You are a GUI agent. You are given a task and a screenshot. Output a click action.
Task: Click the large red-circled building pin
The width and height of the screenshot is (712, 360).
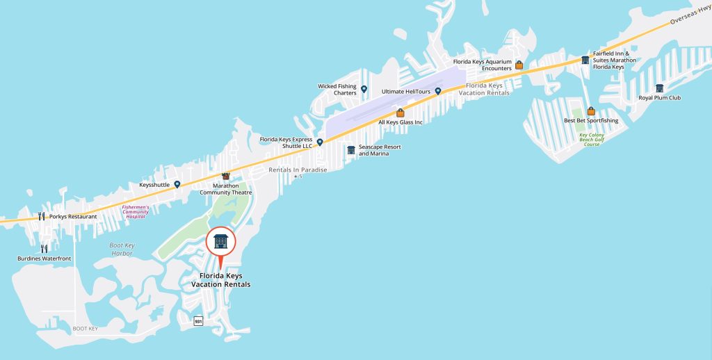pyautogui.click(x=221, y=242)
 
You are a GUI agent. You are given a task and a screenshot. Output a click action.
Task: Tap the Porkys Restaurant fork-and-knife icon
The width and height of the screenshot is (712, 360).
pyautogui.click(x=42, y=216)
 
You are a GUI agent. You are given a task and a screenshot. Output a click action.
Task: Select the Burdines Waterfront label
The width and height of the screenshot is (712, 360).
pyautogui.click(x=44, y=259)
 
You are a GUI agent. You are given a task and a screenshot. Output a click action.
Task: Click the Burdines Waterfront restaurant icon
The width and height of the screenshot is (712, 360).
pyautogui.click(x=44, y=248)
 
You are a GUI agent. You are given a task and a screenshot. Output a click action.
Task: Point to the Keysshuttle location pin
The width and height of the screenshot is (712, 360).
pyautogui.click(x=177, y=184)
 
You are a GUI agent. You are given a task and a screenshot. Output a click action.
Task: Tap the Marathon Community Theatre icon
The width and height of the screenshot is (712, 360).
pyautogui.click(x=225, y=177)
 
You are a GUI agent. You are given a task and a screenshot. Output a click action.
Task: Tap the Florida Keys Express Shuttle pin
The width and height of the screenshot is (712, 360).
pyautogui.click(x=320, y=142)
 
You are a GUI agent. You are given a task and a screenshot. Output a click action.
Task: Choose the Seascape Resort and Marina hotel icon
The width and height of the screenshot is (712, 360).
pyautogui.click(x=351, y=149)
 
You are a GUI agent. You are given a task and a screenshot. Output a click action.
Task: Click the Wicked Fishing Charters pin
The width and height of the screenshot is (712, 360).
pyautogui.click(x=364, y=89)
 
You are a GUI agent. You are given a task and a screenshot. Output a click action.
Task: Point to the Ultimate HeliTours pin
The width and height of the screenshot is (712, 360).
pyautogui.click(x=438, y=91)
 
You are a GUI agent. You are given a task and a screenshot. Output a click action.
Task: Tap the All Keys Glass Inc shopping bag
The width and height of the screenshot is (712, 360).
pyautogui.click(x=400, y=113)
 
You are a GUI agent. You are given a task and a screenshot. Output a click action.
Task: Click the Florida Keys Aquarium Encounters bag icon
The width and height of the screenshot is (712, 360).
pyautogui.click(x=519, y=65)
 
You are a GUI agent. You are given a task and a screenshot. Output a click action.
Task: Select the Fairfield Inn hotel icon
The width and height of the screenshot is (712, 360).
pyautogui.click(x=585, y=60)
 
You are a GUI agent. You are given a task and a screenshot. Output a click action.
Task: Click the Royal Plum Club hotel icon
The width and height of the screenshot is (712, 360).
pyautogui.click(x=659, y=88)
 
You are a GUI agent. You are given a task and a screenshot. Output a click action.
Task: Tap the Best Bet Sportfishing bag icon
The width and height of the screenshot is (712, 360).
pyautogui.click(x=591, y=111)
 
